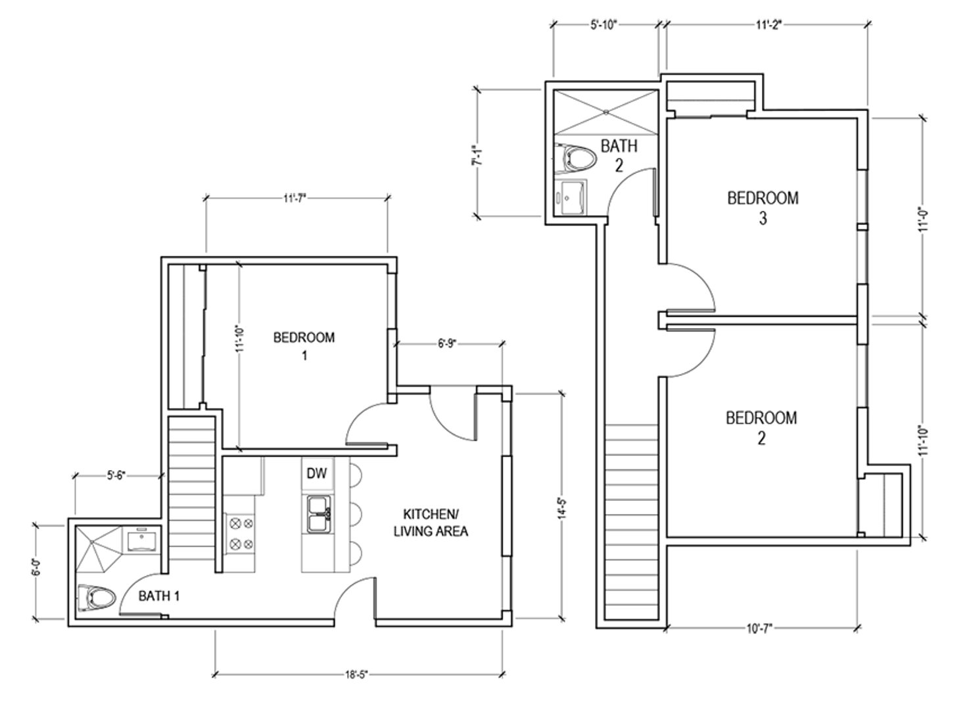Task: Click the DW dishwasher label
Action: pos(317,474)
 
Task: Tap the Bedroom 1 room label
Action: pos(304,346)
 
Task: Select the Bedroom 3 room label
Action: pos(763,208)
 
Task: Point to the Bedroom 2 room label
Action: pos(761,428)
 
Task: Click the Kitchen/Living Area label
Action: pos(431,523)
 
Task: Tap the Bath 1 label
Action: pos(158,596)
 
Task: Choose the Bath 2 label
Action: pos(619,156)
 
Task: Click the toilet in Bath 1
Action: pos(97,598)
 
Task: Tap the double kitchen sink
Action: pos(319,515)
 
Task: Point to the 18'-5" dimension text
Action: pos(356,674)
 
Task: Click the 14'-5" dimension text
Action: pos(562,508)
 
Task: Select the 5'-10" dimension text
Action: pos(603,25)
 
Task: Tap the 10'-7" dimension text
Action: pos(760,628)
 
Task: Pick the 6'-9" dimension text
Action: pos(447,344)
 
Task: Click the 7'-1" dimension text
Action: pos(477,156)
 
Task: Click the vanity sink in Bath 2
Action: pos(573,198)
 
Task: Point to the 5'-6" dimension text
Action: pos(116,475)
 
